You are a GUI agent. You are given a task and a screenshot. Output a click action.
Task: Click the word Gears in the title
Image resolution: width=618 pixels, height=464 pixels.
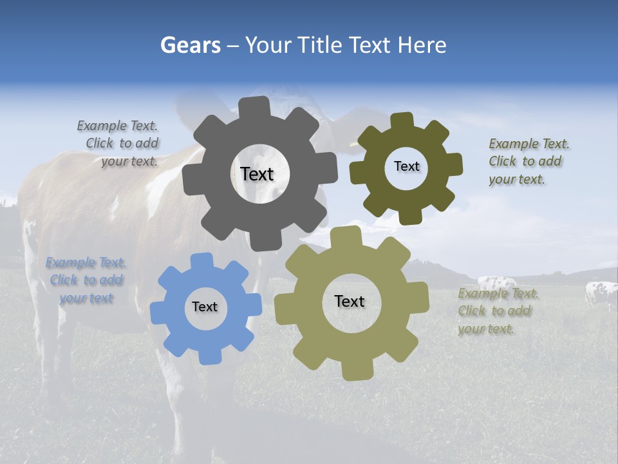click(x=191, y=45)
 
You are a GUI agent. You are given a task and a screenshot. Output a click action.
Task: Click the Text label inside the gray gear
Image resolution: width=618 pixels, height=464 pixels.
click(x=257, y=174)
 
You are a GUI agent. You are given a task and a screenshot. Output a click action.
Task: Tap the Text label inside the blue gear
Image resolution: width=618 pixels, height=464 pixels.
click(x=205, y=307)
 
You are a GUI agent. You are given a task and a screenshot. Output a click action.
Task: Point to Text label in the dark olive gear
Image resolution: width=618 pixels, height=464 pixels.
click(x=406, y=166)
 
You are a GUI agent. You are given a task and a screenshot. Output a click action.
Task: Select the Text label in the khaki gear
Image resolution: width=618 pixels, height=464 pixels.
click(x=350, y=301)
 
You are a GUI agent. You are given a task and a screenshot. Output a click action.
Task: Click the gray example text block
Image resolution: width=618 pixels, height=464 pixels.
click(x=122, y=144)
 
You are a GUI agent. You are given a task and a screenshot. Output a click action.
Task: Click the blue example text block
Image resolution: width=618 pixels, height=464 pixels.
click(x=86, y=280)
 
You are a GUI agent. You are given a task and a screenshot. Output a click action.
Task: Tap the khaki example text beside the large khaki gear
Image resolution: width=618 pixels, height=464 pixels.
click(x=496, y=311)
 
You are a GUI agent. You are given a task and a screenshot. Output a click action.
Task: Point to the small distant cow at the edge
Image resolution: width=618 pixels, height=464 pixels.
click(x=601, y=294)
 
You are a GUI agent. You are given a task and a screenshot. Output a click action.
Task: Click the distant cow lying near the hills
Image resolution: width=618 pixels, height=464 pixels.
click(x=497, y=283)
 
